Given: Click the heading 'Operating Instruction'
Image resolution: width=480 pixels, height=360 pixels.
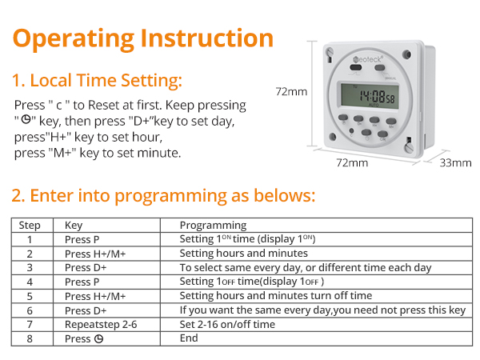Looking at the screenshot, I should (143, 38).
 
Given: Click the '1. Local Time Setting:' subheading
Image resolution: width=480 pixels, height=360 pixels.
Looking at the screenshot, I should (97, 80).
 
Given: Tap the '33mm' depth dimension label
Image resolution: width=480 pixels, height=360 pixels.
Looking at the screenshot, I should (456, 162).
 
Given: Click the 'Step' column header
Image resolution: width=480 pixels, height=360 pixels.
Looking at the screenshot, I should (30, 226).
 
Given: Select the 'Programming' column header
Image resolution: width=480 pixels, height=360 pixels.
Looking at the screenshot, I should (213, 226).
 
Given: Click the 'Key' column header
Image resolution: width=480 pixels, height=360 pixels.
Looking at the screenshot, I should (73, 226).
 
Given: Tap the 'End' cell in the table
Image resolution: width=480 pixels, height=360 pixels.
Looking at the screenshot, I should (189, 338).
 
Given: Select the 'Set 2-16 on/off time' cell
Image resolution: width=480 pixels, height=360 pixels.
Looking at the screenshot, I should (227, 324).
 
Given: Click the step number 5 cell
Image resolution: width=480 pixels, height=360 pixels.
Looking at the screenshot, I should (30, 296).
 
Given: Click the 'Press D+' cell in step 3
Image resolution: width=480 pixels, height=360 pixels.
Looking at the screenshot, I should (85, 267).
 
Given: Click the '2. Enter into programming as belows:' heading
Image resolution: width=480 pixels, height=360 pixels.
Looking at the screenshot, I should (164, 195).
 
